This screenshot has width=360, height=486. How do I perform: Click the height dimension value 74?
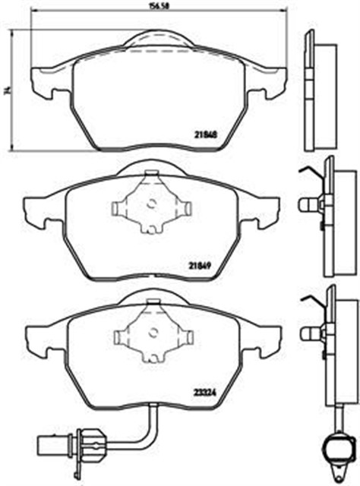[6, 91]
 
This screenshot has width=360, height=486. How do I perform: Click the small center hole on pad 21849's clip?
[151, 204]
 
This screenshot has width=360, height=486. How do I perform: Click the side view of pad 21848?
[319, 91]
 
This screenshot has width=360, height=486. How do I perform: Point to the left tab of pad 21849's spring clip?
[120, 207]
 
